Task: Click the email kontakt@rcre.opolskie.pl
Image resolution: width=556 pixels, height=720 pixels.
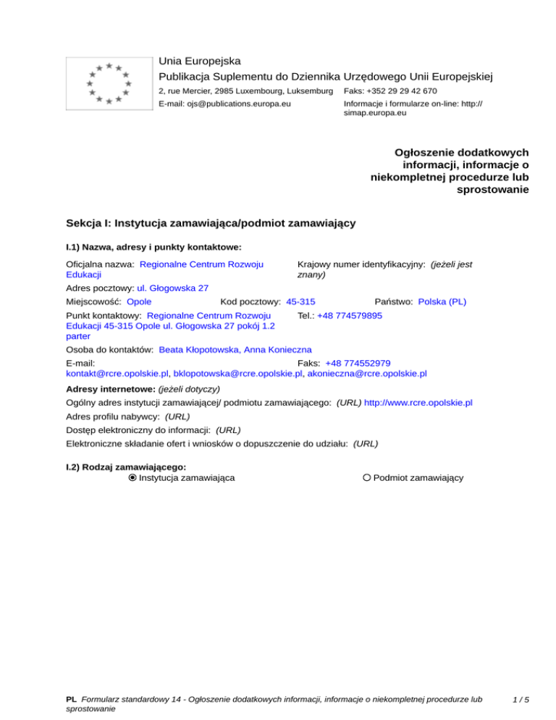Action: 117,374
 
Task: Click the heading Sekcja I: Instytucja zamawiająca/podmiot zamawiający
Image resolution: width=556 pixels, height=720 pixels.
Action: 210,223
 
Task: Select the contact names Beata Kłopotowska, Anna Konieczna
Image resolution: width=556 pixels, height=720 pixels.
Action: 235,349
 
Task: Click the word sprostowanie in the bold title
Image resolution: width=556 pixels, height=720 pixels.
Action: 493,190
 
